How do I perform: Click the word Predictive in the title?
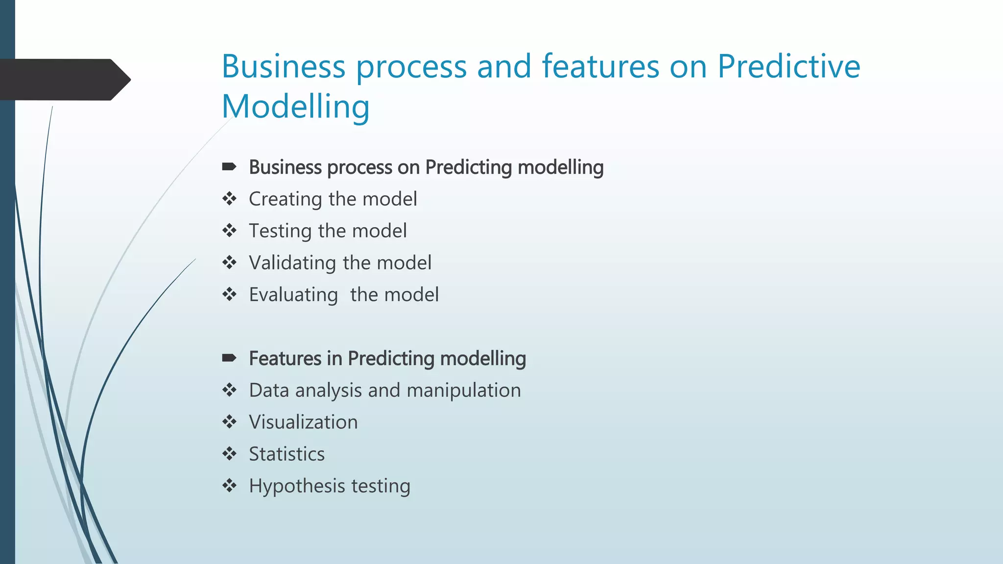[788, 67]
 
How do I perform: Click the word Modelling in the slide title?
[295, 107]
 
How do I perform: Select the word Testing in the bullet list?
[280, 231]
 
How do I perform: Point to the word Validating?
[292, 263]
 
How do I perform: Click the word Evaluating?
[293, 295]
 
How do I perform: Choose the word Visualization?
[303, 422]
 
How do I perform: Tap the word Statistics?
[287, 454]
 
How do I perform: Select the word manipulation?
[463, 390]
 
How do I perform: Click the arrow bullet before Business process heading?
[229, 167]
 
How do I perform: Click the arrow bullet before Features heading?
[229, 358]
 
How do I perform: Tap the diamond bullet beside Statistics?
[229, 454]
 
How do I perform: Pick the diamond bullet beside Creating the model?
[229, 199]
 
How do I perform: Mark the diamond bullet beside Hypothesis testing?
[229, 486]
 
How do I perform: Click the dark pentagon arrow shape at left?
[64, 80]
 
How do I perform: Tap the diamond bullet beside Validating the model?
[229, 263]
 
